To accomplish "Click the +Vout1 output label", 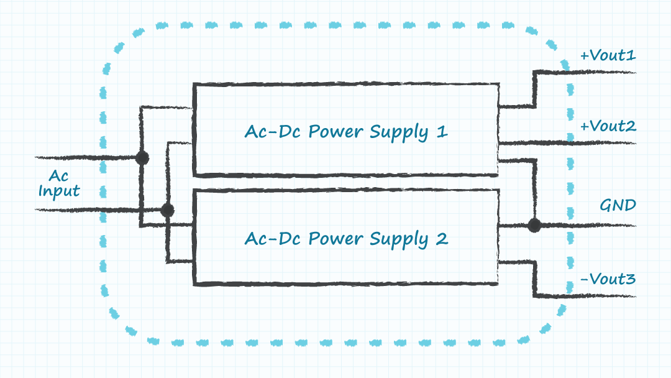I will point(608,56).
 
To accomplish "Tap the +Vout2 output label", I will point(608,127).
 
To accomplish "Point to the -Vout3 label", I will point(608,279).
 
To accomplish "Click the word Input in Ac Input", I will point(59,191).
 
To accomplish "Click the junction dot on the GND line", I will point(534,225).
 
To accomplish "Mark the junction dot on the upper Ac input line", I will point(142,157).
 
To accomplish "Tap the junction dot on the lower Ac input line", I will point(167,210).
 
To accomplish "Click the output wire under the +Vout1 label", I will point(603,72).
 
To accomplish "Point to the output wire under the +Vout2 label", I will point(603,144).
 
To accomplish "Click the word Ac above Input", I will point(59,177).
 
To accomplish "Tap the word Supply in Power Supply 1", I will point(398,134).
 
